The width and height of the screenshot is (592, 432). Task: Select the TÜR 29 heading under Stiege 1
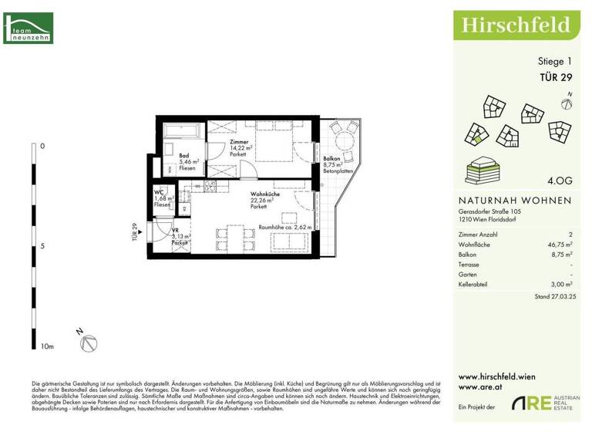[554, 76]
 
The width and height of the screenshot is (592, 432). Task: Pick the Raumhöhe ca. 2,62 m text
[284, 228]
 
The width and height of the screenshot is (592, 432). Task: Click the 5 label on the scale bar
[42, 247]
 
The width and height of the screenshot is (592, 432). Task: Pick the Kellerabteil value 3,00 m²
[557, 285]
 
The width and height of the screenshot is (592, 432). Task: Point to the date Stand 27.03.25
[553, 296]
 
